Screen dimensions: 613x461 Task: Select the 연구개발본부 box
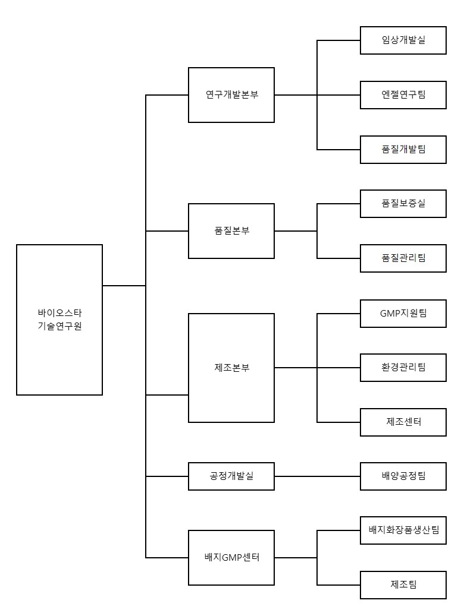231,95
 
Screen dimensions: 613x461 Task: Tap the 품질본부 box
231,231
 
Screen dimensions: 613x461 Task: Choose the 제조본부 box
231,368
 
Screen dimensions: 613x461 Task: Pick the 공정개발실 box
231,476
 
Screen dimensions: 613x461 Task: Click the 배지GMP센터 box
231,558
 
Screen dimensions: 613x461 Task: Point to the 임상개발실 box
403,40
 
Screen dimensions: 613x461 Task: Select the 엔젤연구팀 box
403,95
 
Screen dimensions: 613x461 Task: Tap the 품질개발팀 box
403,149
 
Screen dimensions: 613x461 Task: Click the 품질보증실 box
403,204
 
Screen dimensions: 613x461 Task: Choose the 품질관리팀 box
403,258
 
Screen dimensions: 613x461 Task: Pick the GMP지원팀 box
403,313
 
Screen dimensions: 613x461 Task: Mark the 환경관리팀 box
403,368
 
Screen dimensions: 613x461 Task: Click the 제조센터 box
403,422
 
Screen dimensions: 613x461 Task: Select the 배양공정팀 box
403,476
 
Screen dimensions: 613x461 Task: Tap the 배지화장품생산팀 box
403,530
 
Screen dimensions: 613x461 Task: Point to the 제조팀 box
403,584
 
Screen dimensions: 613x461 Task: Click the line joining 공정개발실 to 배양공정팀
317,476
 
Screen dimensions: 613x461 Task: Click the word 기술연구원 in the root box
59,326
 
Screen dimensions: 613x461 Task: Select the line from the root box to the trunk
124,286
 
